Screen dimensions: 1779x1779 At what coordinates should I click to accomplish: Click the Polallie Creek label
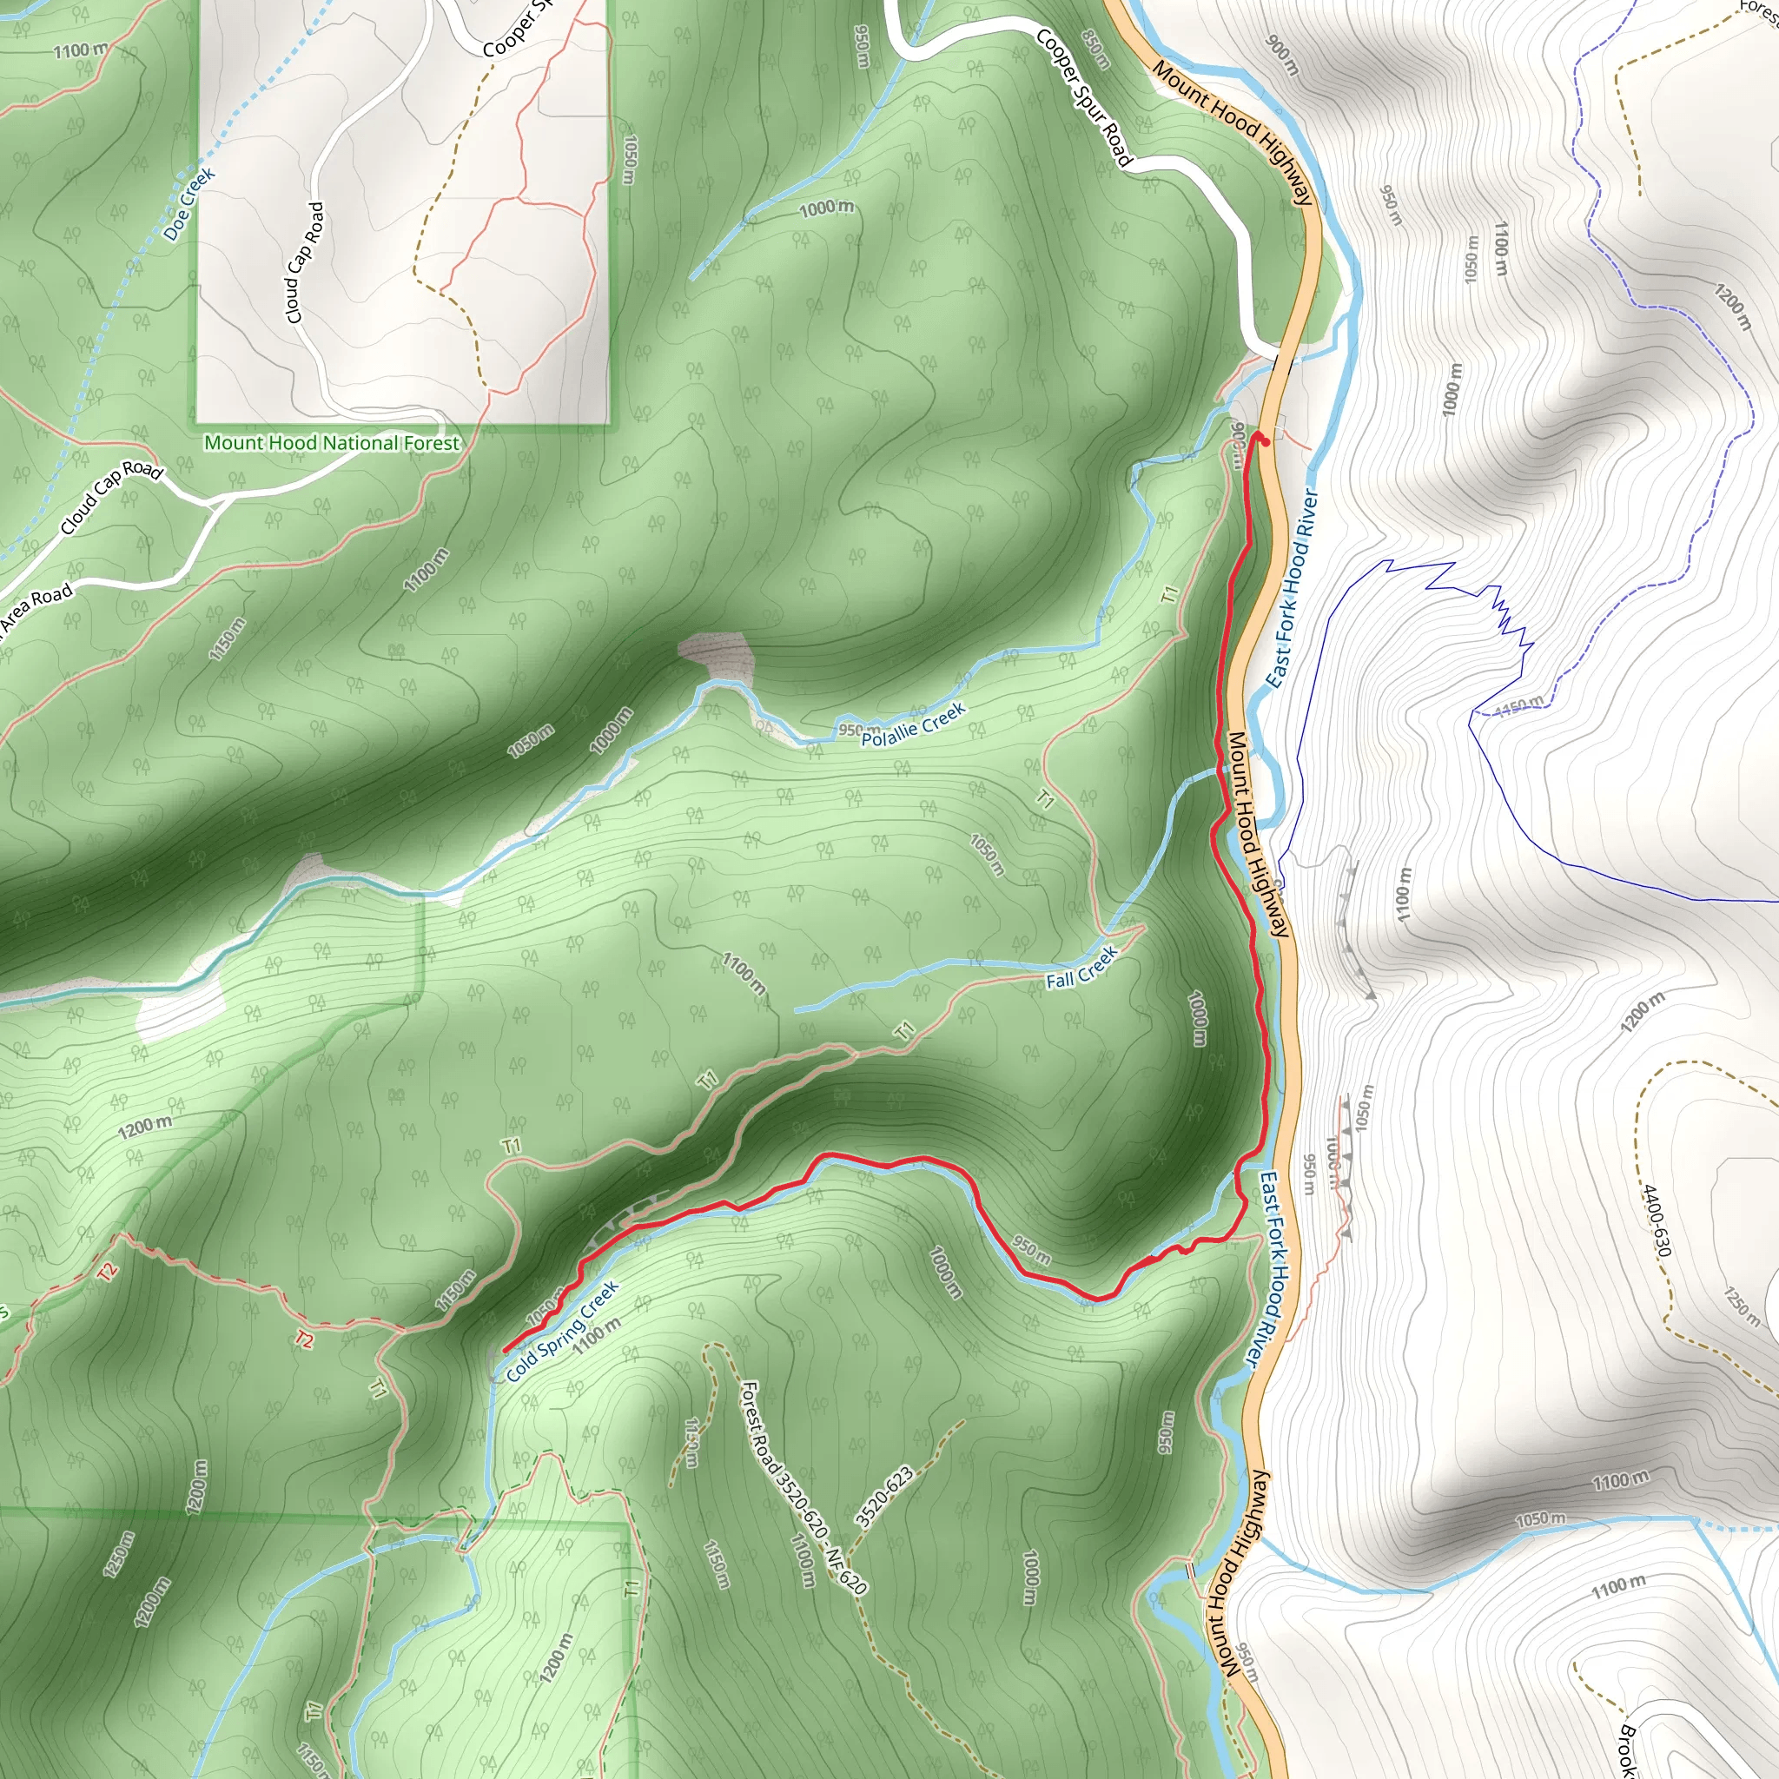point(913,724)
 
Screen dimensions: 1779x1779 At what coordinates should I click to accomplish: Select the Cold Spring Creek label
point(562,1333)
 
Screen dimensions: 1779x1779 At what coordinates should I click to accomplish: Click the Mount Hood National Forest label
point(332,443)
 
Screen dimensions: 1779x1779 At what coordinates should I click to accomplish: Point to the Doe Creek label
point(188,203)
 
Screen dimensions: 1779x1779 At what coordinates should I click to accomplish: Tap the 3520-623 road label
point(884,1498)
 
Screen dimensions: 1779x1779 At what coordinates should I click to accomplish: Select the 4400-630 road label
point(1655,1221)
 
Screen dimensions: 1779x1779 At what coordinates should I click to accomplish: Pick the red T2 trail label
point(108,1273)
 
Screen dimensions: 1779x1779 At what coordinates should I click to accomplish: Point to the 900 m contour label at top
point(1282,56)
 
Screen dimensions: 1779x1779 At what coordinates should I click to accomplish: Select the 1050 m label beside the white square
point(629,159)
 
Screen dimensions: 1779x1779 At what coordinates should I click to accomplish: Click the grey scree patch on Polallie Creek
point(717,655)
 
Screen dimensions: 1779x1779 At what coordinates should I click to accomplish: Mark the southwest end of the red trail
point(506,1350)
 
